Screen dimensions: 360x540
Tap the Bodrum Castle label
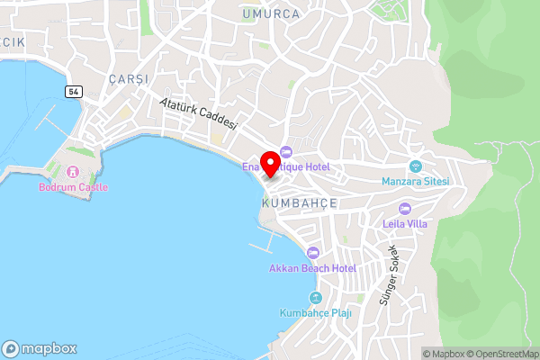73,187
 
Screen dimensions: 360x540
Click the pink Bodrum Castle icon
73,171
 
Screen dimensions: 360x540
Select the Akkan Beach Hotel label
312,268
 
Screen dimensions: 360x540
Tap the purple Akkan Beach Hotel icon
312,252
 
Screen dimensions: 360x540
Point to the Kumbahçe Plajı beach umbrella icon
315,297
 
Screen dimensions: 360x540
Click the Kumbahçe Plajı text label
315,312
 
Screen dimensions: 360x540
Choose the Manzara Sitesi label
415,181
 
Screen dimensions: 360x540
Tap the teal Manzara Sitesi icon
415,166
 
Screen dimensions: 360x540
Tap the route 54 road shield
73,92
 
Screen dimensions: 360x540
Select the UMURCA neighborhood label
270,13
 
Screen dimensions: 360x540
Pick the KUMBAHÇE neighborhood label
298,204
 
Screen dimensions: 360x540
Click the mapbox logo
40,348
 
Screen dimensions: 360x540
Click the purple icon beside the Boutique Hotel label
286,151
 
